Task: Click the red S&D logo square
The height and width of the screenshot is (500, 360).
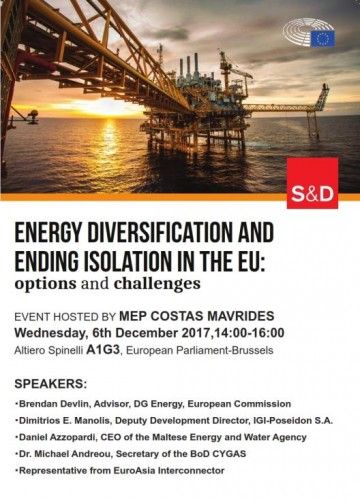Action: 312,183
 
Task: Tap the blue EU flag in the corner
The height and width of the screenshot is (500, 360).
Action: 323,39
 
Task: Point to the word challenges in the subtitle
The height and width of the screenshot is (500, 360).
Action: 157,284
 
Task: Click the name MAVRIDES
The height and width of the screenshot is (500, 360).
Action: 240,316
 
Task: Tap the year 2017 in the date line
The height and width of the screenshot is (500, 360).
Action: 196,333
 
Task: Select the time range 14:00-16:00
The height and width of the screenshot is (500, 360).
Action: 249,333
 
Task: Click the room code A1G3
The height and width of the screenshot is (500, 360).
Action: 103,350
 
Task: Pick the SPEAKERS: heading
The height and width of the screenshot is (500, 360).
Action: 51,384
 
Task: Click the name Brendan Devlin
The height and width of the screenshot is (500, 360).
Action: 54,404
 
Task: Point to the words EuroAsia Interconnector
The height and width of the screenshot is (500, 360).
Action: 169,471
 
